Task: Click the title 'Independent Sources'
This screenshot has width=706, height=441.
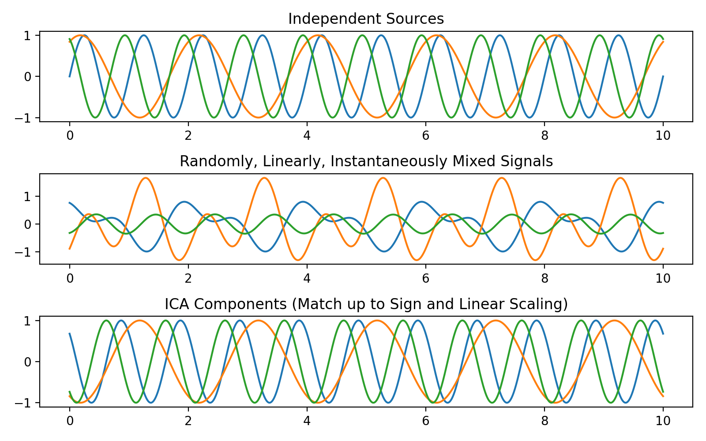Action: click(x=366, y=19)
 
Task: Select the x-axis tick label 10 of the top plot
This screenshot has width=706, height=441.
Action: click(x=663, y=135)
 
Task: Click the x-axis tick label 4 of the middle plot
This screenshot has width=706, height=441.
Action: click(x=307, y=278)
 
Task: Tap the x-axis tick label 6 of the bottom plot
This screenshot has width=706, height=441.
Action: click(x=425, y=421)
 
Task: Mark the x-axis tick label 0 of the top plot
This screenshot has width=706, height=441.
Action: click(x=69, y=135)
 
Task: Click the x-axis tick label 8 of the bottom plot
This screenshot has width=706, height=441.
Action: click(x=544, y=421)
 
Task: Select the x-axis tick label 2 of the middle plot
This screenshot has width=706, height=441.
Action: click(x=188, y=278)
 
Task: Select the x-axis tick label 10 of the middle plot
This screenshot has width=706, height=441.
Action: click(x=663, y=278)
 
